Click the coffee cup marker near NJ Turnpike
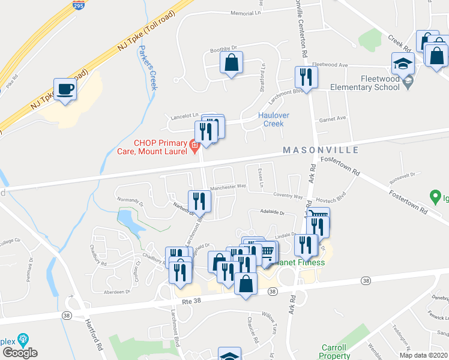[65, 90]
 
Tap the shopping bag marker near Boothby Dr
[231, 63]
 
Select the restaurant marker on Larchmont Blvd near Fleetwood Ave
[306, 77]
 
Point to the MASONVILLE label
[321, 150]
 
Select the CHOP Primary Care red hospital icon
[194, 145]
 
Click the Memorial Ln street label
[247, 13]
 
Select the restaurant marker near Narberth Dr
[197, 202]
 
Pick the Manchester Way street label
[229, 187]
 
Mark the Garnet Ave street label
[333, 118]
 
